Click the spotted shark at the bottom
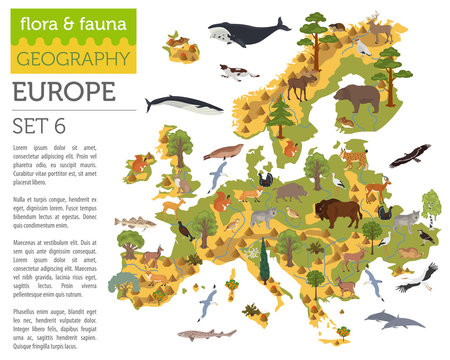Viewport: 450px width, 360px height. [205, 334]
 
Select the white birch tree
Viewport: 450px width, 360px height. [431, 207]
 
